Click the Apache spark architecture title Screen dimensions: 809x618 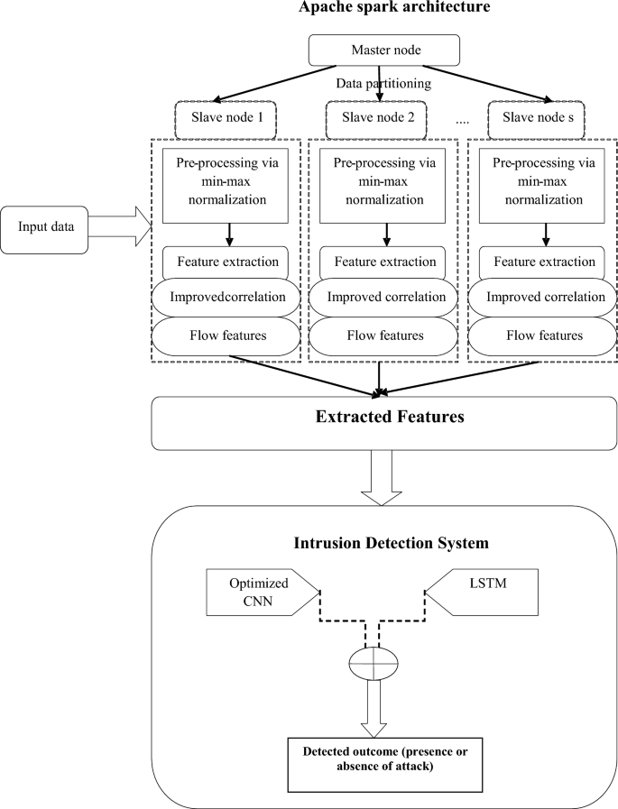385,8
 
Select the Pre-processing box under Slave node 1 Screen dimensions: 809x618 226,184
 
